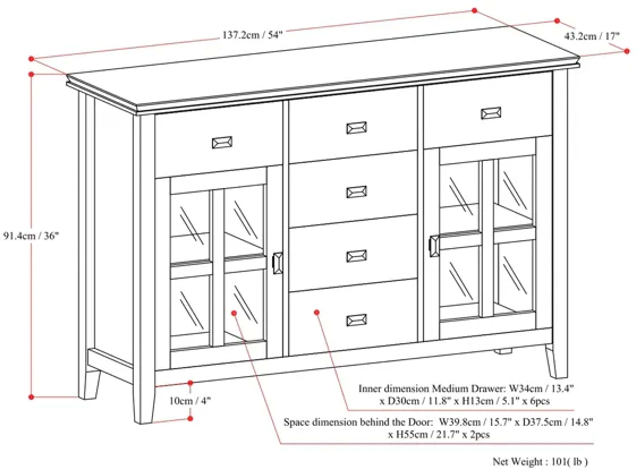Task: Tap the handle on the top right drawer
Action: click(x=491, y=113)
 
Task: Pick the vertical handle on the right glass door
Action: click(x=434, y=246)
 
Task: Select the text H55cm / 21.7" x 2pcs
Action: click(x=439, y=434)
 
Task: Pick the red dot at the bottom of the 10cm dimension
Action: click(x=190, y=418)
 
